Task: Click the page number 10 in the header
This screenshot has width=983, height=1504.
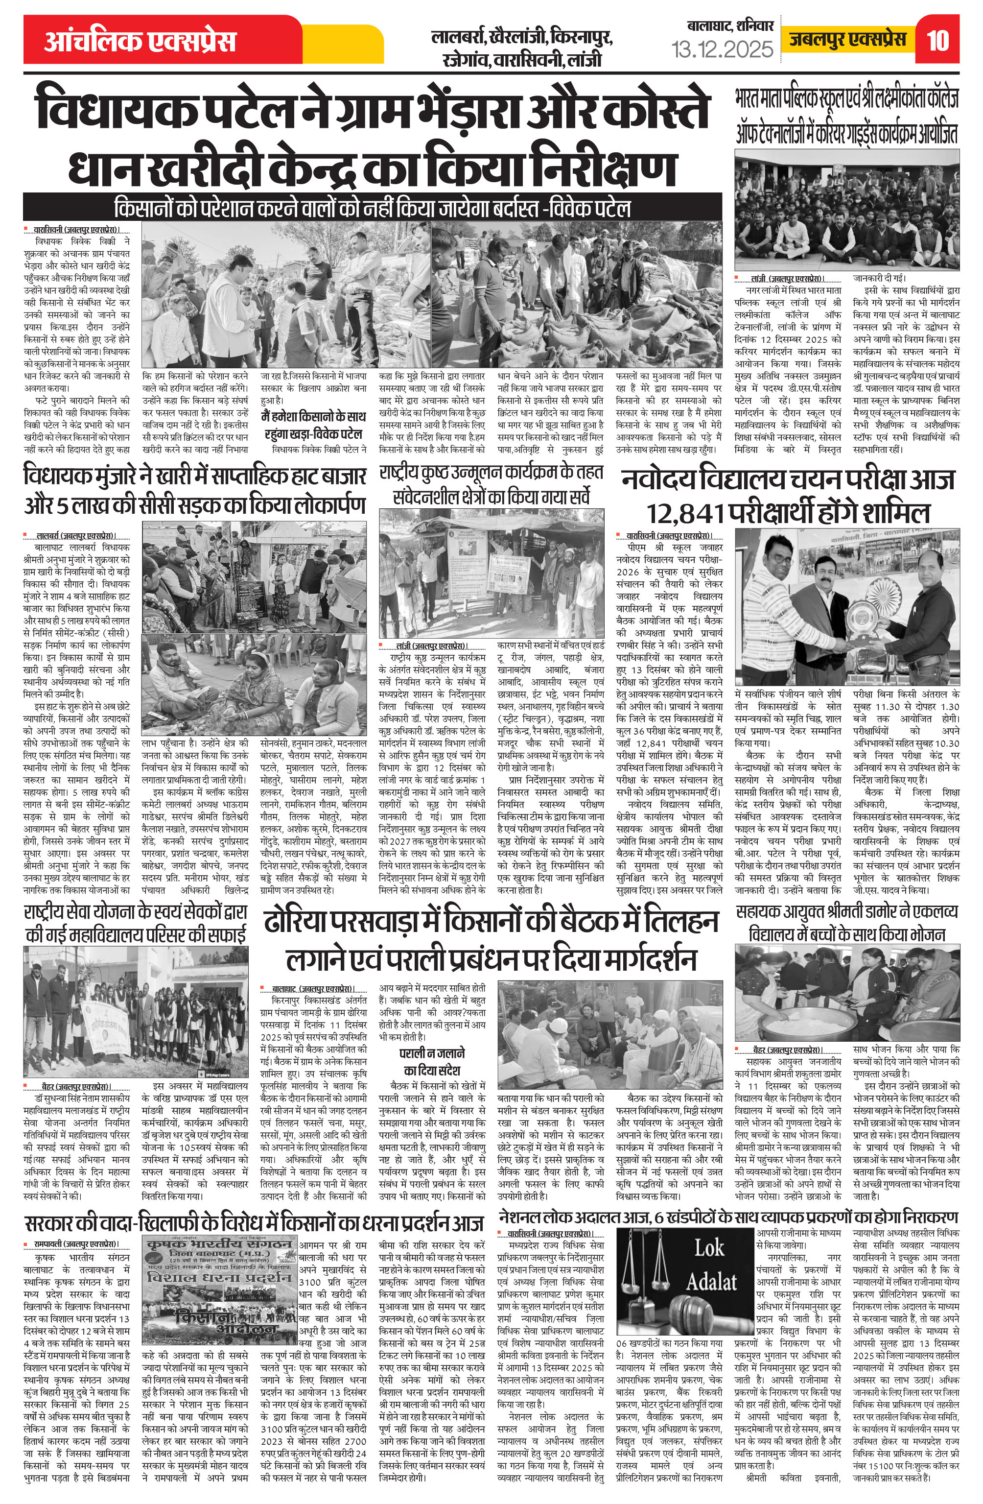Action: (938, 41)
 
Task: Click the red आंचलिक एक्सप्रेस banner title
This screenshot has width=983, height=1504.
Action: (140, 41)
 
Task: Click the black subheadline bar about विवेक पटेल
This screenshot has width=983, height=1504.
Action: (372, 208)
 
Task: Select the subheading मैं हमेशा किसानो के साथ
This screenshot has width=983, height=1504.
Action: (313, 417)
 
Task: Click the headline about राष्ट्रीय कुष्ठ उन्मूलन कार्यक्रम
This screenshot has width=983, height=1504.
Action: (491, 484)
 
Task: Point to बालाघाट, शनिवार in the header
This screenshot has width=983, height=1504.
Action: (730, 26)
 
